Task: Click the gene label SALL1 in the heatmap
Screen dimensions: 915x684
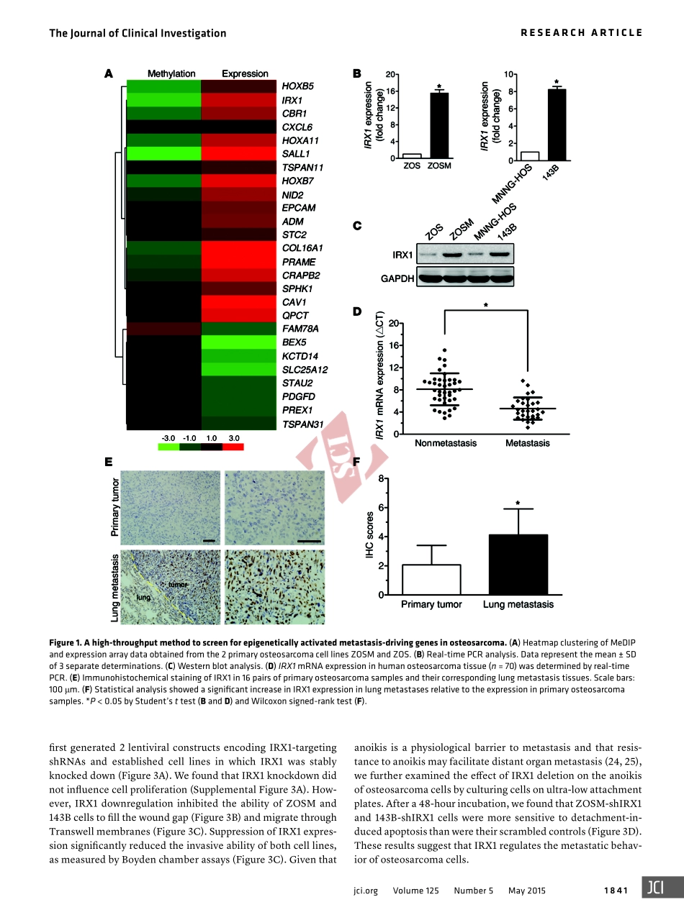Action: tap(295, 154)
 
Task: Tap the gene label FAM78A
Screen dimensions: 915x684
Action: tap(300, 329)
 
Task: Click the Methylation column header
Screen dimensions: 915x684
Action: tap(171, 73)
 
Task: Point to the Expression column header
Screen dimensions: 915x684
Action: tap(245, 73)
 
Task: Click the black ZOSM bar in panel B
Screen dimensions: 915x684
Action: tap(439, 125)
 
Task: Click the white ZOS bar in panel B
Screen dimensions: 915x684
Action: tap(412, 156)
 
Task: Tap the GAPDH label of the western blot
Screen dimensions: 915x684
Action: tap(397, 278)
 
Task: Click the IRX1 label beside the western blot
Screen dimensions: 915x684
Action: tap(402, 255)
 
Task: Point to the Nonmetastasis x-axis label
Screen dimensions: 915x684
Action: tap(446, 443)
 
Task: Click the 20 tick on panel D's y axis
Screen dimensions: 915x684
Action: tap(392, 323)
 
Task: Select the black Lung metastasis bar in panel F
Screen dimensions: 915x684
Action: tap(518, 564)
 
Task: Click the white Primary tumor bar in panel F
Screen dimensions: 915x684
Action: tap(431, 579)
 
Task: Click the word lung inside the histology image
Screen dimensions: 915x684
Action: tap(143, 597)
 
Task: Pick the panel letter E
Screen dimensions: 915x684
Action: tap(108, 461)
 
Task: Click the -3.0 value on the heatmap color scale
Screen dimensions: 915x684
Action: tap(168, 437)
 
